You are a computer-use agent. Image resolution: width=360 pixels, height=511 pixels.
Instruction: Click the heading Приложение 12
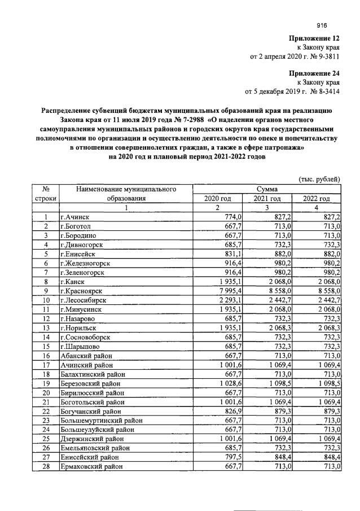point(314,38)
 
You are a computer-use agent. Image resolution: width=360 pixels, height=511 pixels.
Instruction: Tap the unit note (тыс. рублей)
point(319,180)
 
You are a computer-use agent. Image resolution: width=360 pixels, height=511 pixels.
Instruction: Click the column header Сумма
point(267,189)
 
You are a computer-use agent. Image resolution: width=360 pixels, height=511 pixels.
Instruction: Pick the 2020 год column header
point(217,198)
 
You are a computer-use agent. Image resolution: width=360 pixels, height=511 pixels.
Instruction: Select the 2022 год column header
point(317,198)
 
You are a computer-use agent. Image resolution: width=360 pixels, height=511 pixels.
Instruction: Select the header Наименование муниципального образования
point(126,194)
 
